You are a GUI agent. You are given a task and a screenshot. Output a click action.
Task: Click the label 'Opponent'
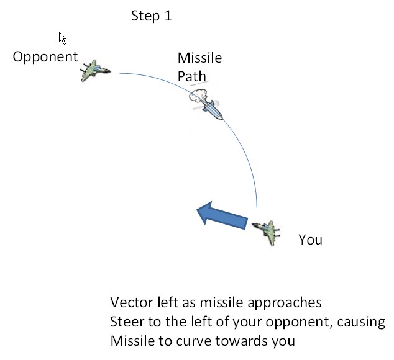[x=45, y=58]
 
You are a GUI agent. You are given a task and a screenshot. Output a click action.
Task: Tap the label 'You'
[x=310, y=239]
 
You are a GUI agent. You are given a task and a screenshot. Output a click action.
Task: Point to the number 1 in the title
[x=167, y=16]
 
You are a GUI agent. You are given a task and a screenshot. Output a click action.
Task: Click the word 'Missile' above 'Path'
[x=199, y=58]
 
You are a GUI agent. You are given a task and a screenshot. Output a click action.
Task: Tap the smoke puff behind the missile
[x=197, y=98]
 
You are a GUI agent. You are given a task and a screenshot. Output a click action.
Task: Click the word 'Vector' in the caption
[x=130, y=303]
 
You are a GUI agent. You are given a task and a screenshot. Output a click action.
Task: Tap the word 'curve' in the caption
[x=189, y=341]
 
